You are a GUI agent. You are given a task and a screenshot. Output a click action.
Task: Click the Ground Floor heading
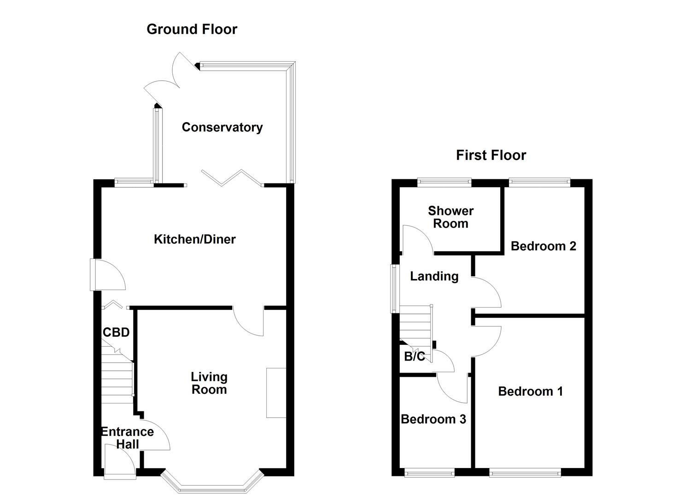[x=192, y=29]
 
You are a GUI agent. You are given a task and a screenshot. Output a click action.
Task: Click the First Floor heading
[x=491, y=155]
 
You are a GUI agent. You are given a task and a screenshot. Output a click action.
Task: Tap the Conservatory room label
[x=222, y=127]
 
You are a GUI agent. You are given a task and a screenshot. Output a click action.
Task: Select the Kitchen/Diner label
[x=194, y=239]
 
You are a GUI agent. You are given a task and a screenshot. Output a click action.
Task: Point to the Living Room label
[x=209, y=383]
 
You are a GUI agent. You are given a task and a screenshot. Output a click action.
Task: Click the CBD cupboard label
[x=116, y=332]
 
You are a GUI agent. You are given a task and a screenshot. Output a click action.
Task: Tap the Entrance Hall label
[x=127, y=438]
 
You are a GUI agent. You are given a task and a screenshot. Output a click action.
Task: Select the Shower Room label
[x=450, y=217]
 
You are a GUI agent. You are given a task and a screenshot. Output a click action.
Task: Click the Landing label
[x=434, y=276]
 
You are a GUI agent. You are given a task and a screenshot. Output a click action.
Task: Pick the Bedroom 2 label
[x=543, y=246]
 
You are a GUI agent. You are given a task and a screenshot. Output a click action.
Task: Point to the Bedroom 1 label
[x=530, y=391]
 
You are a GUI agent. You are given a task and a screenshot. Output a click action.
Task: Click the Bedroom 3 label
[x=433, y=419]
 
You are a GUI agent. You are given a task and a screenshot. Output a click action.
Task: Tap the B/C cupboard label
[x=414, y=356]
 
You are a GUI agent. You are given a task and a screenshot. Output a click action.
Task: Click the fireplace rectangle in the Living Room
[x=276, y=393]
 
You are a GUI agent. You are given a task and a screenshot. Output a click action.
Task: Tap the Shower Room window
[x=444, y=183]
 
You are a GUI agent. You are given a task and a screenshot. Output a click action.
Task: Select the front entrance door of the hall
[x=119, y=461]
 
